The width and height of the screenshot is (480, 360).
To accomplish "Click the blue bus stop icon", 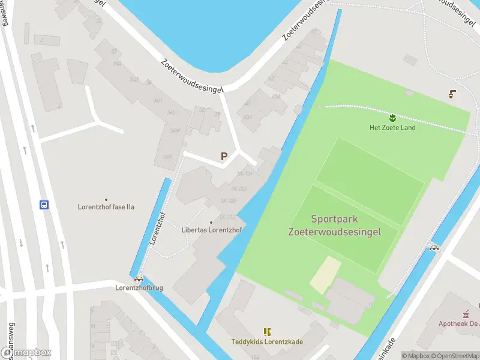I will [44, 205].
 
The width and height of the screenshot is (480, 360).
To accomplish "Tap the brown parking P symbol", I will [224, 157].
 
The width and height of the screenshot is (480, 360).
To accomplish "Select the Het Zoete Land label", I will [392, 127].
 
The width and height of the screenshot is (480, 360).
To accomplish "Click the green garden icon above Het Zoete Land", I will [392, 117].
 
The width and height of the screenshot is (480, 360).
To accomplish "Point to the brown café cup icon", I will [451, 94].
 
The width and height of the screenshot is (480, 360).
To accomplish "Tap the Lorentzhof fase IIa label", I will [106, 207].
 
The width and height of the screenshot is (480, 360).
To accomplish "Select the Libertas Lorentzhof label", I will [211, 230].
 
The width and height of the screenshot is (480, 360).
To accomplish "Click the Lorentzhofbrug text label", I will [139, 288].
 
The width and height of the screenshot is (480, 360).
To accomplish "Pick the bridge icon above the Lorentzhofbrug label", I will [139, 278].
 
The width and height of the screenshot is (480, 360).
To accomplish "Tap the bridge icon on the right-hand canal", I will [434, 247].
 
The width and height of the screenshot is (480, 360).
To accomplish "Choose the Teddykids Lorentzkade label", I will [267, 342].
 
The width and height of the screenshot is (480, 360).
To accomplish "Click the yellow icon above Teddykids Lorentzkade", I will [267, 332].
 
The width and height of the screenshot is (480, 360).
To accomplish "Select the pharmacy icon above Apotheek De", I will [465, 313].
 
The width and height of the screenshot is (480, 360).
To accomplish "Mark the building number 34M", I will [175, 130].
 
